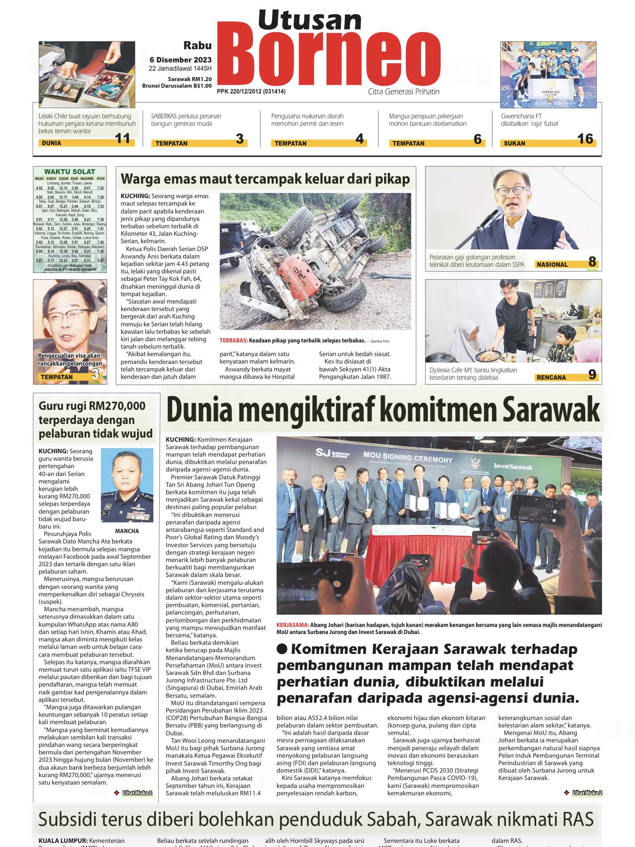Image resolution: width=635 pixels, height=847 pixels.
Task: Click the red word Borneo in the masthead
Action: click(x=329, y=58)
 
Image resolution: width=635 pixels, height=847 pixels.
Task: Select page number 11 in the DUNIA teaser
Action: click(x=122, y=139)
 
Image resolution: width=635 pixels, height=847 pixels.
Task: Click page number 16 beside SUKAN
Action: click(x=585, y=139)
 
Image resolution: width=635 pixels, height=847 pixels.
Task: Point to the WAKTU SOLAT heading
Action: click(x=69, y=172)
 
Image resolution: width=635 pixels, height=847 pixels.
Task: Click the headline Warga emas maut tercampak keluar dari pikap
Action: click(x=265, y=179)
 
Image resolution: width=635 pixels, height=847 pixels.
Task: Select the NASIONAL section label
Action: click(x=552, y=265)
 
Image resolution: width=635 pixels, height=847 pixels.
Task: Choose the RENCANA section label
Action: click(x=551, y=377)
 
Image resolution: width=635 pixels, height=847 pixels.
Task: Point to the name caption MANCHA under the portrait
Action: click(x=127, y=531)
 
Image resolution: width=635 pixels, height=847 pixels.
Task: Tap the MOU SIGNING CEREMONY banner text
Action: click(x=408, y=457)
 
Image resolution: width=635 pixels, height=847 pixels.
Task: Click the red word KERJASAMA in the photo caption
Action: click(x=293, y=625)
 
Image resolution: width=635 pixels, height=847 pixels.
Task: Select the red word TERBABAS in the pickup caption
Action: click(x=234, y=340)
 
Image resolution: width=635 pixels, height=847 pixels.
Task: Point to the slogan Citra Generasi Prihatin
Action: click(x=403, y=91)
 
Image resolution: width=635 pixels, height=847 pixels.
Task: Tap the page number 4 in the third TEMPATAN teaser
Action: click(x=359, y=139)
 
